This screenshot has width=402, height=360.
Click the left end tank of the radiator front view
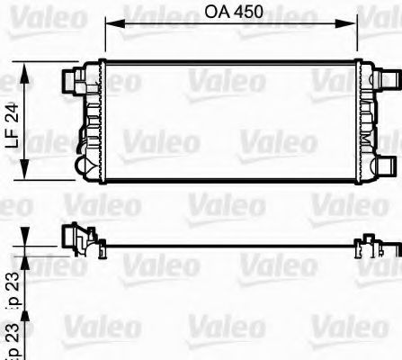[90, 121]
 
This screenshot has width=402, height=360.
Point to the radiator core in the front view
[229, 121]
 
